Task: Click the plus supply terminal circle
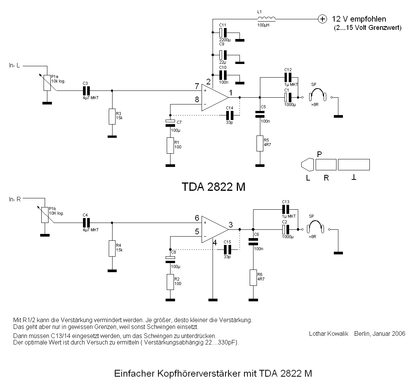point(322,19)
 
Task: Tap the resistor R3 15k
point(112,116)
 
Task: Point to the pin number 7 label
point(197,87)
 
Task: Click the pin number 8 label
point(197,100)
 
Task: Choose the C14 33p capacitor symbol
point(228,115)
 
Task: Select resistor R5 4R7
point(260,143)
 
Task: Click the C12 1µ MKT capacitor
point(288,77)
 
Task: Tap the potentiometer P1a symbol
point(47,83)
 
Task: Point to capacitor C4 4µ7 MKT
point(86,222)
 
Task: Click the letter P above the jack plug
point(319,154)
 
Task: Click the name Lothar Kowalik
point(329,333)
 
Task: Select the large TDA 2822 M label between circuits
point(213,187)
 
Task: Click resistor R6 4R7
point(253,277)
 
